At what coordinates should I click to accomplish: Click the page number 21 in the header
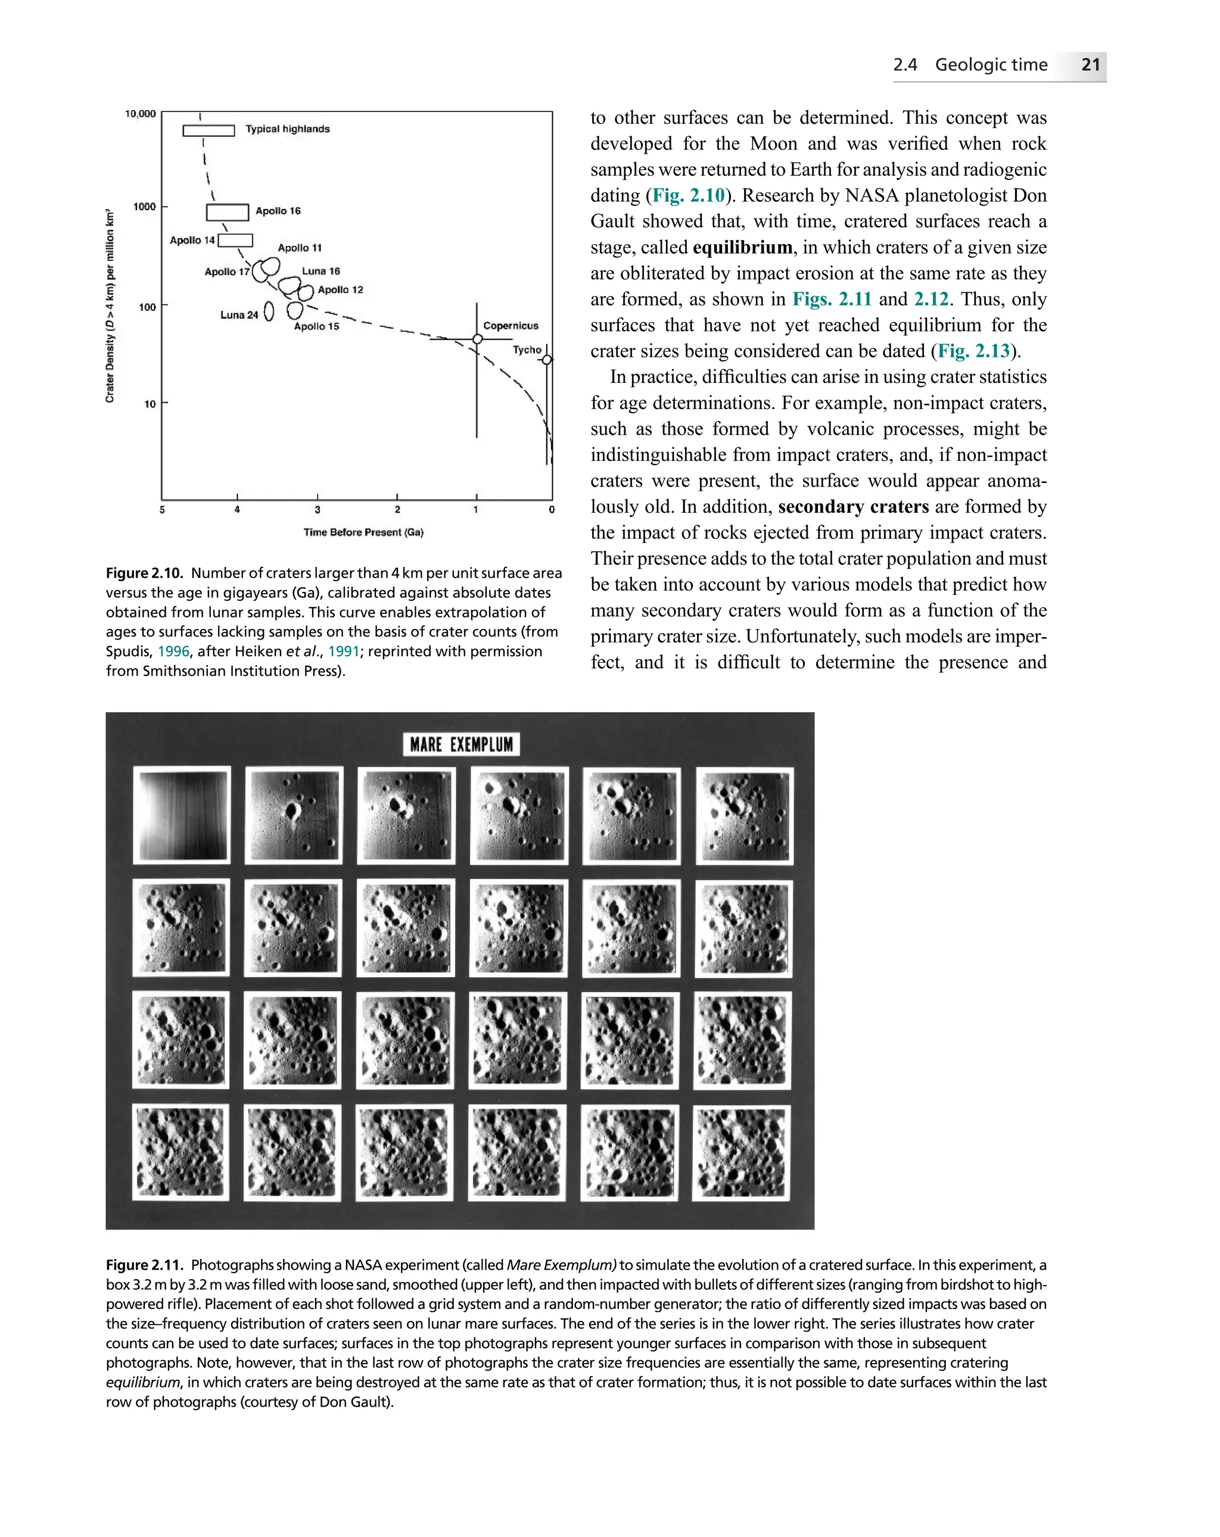(1090, 65)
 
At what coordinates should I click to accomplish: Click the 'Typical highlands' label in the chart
(287, 129)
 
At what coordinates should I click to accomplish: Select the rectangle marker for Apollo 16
(228, 212)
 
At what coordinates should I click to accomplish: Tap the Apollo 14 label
(192, 240)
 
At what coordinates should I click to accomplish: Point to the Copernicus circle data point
(478, 339)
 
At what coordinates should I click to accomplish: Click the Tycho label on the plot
(527, 350)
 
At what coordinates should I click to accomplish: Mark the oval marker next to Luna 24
(269, 311)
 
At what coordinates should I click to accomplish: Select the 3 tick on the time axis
(318, 509)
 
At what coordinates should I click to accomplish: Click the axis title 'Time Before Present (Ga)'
(363, 532)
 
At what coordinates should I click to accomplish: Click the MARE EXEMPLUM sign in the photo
(461, 744)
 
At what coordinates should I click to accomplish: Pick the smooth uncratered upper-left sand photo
(182, 815)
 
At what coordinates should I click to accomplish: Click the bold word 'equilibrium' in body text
(742, 247)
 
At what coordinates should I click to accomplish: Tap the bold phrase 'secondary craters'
(853, 507)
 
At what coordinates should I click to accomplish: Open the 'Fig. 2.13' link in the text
(973, 351)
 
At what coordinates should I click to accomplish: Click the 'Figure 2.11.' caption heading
(145, 1265)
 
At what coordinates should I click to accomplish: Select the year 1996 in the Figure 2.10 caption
(173, 651)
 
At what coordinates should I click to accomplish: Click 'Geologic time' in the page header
(991, 65)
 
